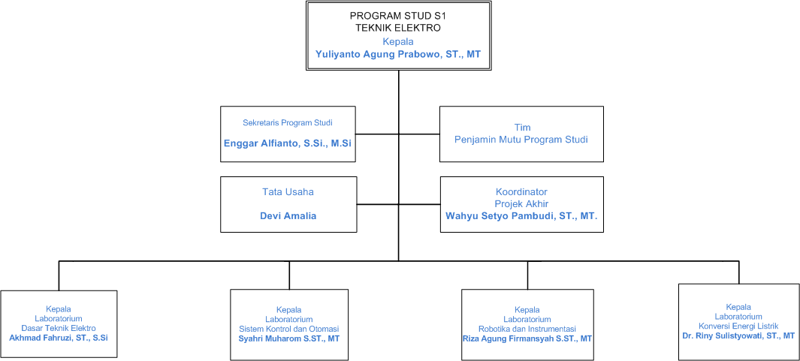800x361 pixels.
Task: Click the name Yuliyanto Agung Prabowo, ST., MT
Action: [x=398, y=55]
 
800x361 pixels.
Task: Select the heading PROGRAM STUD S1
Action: [x=398, y=16]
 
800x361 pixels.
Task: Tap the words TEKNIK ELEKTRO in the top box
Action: [x=398, y=28]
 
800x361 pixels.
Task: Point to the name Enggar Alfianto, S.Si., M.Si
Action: [x=288, y=143]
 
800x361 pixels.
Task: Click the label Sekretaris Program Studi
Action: [x=288, y=122]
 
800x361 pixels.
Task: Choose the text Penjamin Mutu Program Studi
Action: [x=521, y=140]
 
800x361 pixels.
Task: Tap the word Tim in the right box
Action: [x=521, y=128]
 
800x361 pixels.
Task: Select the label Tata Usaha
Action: [x=288, y=192]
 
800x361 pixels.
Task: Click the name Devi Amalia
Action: [x=288, y=216]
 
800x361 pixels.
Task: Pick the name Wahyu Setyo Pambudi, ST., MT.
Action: [x=521, y=216]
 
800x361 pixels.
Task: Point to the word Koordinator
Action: [x=521, y=192]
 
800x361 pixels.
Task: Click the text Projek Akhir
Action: [x=521, y=204]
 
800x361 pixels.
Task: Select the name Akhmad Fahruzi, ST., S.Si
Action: [x=59, y=338]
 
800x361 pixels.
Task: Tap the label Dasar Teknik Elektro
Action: [x=59, y=329]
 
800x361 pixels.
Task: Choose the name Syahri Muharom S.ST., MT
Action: [x=289, y=338]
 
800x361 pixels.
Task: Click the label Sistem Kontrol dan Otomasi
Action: [x=289, y=329]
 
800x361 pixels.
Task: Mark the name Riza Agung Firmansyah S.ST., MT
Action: [x=527, y=338]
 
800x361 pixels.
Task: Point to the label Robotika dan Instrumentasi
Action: [x=527, y=329]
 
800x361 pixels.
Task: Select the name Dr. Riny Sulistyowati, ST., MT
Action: [x=738, y=335]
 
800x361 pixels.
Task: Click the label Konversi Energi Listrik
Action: [x=738, y=326]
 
